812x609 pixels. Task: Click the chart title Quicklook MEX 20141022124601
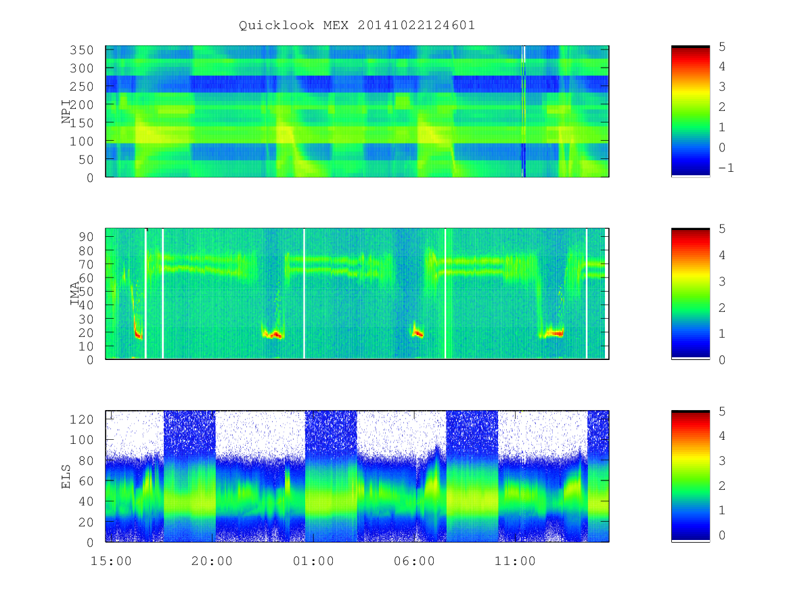pyautogui.click(x=357, y=25)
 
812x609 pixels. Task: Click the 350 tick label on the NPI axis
pyautogui.click(x=81, y=50)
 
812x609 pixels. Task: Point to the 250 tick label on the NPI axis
pyautogui.click(x=81, y=87)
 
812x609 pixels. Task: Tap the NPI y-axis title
pyautogui.click(x=66, y=111)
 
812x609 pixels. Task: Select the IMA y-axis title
pyautogui.click(x=74, y=294)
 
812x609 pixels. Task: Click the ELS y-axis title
pyautogui.click(x=66, y=476)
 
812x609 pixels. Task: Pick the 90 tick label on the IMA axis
pyautogui.click(x=86, y=237)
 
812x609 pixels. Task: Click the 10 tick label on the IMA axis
pyautogui.click(x=86, y=346)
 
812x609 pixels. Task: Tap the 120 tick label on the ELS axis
pyautogui.click(x=81, y=420)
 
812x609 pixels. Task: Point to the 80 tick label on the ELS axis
pyautogui.click(x=86, y=460)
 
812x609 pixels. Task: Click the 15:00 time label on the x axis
pyautogui.click(x=111, y=561)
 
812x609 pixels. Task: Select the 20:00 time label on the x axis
pyautogui.click(x=212, y=561)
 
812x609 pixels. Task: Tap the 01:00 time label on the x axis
pyautogui.click(x=313, y=561)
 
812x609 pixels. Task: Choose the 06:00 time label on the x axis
pyautogui.click(x=414, y=561)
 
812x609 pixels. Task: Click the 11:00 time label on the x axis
pyautogui.click(x=516, y=561)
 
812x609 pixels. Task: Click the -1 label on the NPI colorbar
pyautogui.click(x=726, y=168)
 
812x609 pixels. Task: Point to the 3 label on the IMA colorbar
pyautogui.click(x=722, y=281)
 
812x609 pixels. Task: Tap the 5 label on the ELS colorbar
pyautogui.click(x=722, y=411)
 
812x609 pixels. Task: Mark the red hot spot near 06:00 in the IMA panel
pyautogui.click(x=418, y=334)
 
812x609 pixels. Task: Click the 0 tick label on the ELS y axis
pyautogui.click(x=90, y=543)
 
